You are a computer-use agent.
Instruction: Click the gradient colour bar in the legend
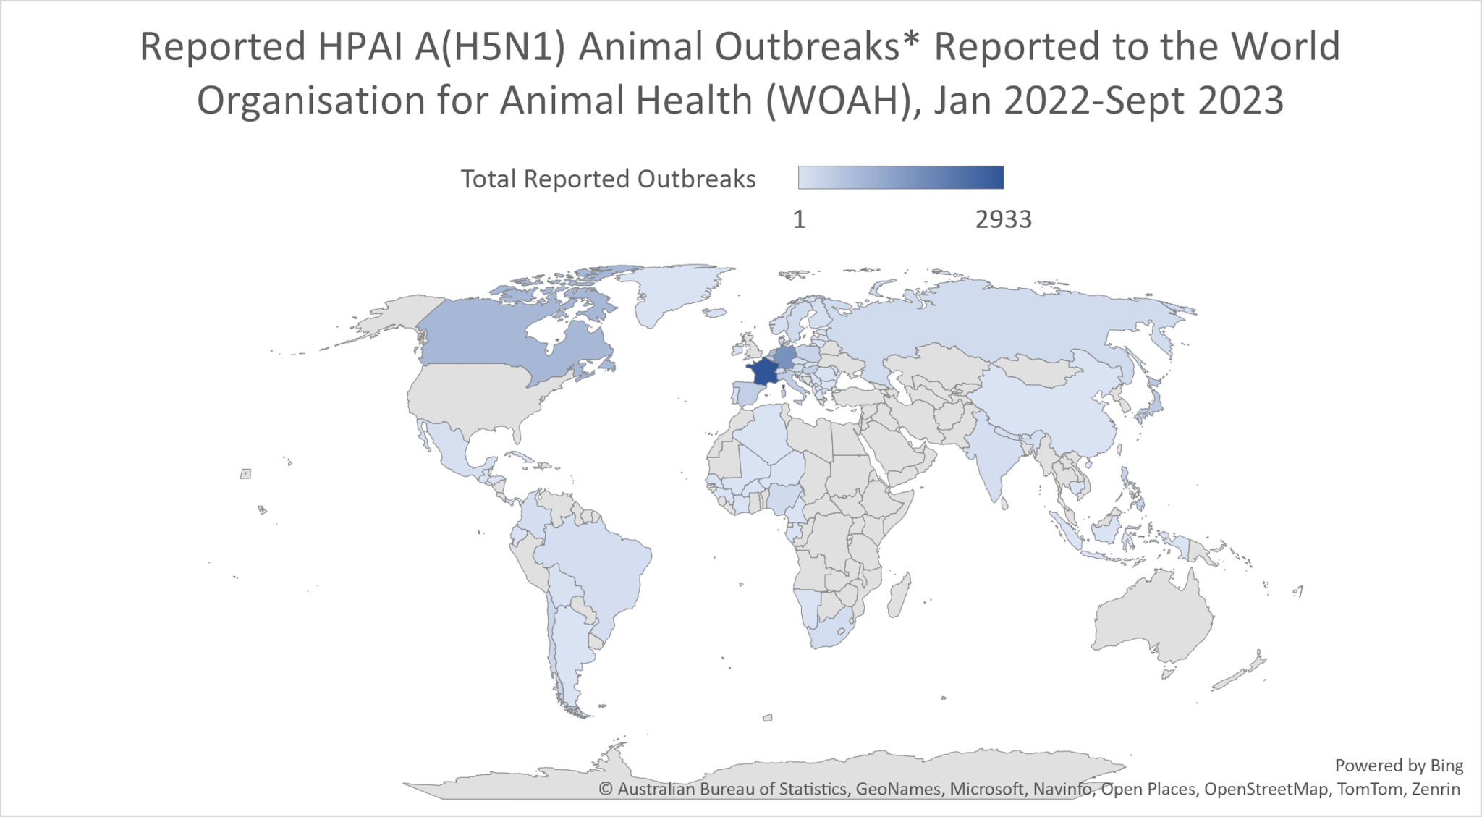(900, 177)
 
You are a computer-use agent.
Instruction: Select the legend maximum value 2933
(1003, 219)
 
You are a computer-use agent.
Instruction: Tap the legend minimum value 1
(799, 219)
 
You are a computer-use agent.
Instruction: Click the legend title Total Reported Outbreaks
(608, 179)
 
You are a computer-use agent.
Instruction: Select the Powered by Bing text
(1398, 765)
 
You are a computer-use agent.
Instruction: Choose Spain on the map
(745, 396)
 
